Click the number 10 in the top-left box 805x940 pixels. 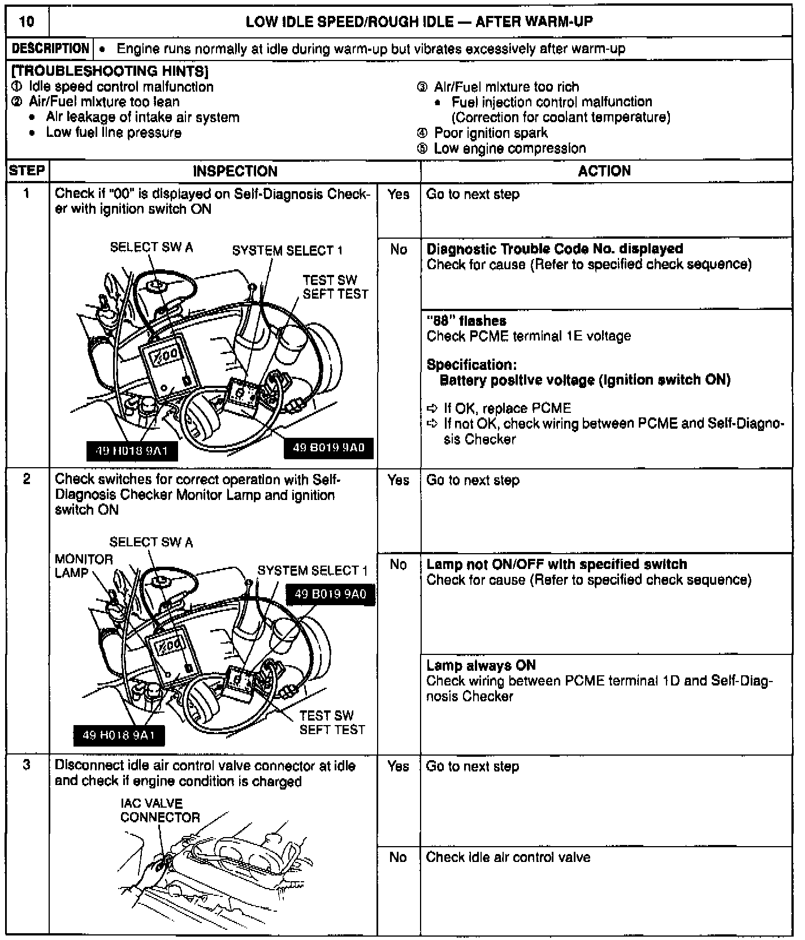pos(27,22)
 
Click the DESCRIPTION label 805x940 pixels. pos(51,49)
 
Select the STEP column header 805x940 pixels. pos(27,171)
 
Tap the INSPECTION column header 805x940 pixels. pos(235,171)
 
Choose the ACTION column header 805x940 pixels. pos(604,171)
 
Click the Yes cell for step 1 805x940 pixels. pos(399,195)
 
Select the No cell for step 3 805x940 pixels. pos(398,857)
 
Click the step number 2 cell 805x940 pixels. pos(27,480)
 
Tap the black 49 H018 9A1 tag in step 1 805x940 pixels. pos(132,451)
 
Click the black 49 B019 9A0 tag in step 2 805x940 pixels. pos(331,594)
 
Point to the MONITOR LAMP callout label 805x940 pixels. pos(84,566)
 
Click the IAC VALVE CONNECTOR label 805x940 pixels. pos(160,810)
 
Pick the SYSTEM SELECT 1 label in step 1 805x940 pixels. pos(287,251)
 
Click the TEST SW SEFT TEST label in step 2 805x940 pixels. pos(332,722)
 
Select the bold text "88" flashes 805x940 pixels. pos(466,321)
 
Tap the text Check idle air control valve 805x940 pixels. pos(508,857)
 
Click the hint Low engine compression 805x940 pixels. pos(510,149)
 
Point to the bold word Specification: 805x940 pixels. pos(471,365)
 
